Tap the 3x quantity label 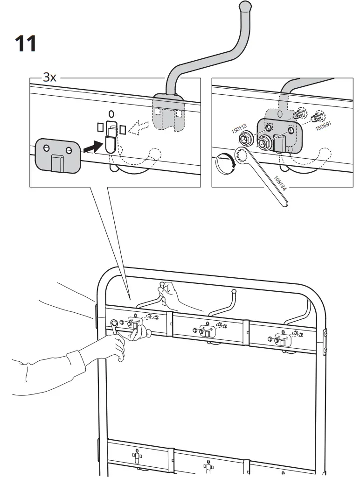coord(49,77)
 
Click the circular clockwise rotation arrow coord(225,165)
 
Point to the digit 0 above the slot coord(110,113)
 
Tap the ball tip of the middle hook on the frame coord(233,292)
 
